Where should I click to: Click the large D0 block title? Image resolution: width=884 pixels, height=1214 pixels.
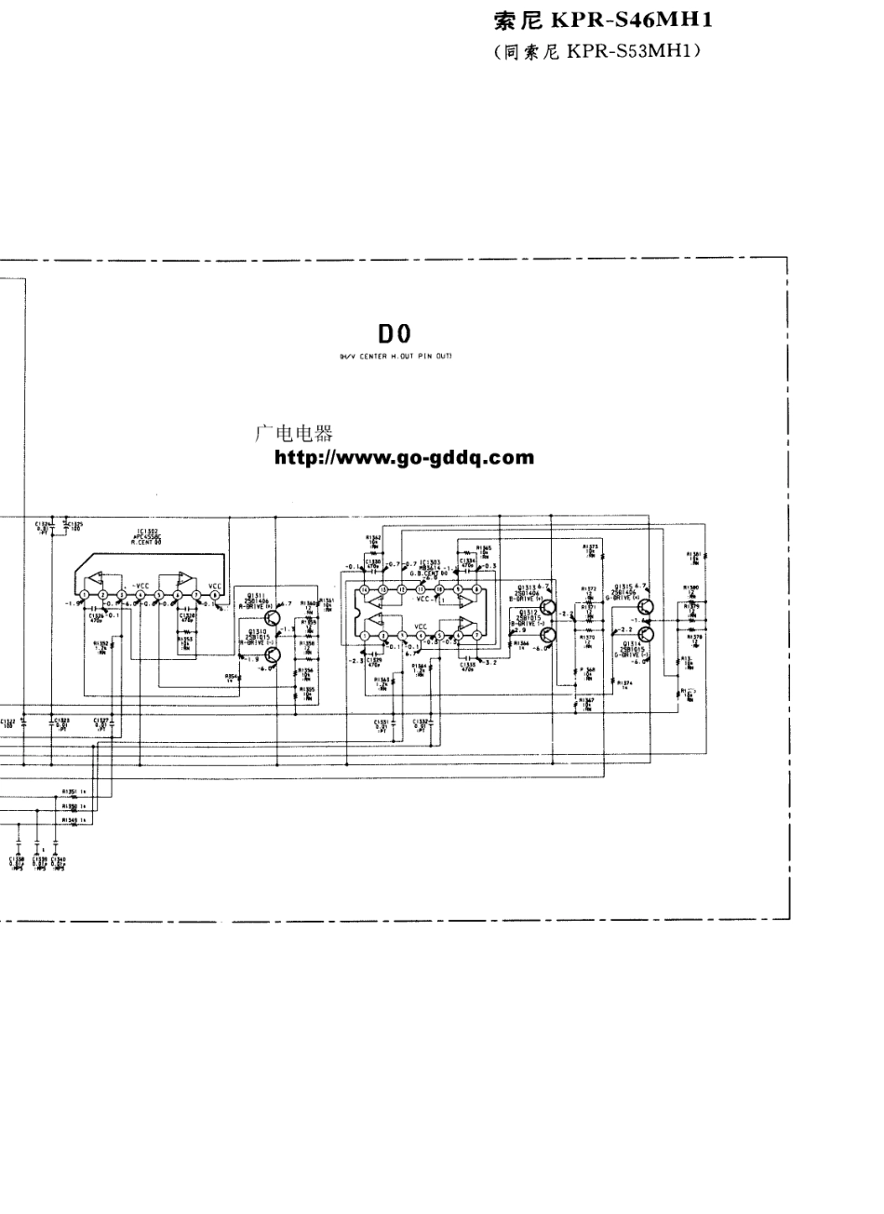(394, 333)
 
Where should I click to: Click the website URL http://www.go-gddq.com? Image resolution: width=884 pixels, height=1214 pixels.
(404, 457)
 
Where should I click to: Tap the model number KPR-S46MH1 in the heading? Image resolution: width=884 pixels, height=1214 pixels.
(633, 20)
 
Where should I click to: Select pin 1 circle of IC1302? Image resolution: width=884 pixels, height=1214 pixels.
(85, 595)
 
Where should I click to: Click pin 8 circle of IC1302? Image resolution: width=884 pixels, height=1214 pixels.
(215, 595)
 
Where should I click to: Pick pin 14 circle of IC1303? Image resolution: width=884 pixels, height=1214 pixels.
(365, 590)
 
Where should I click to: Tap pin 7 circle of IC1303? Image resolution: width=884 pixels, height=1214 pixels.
(476, 636)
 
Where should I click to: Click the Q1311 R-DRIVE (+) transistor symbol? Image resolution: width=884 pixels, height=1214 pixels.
(274, 616)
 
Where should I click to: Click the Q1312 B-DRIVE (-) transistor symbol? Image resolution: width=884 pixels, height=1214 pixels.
(547, 634)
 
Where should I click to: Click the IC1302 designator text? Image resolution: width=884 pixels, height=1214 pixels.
(148, 533)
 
